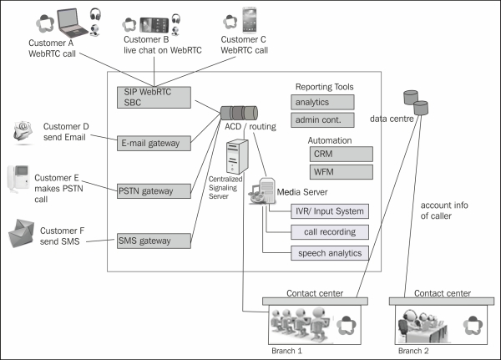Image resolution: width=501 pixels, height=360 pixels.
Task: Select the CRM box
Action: point(323,155)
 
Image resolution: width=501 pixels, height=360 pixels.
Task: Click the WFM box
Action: point(323,173)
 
